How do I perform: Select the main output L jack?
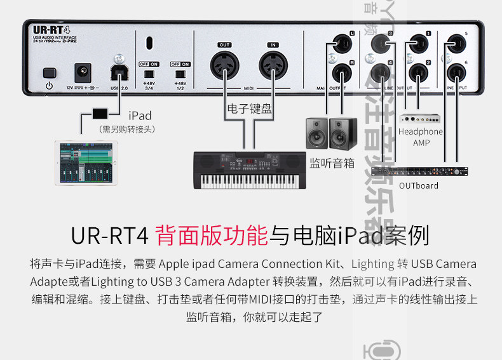(336, 44)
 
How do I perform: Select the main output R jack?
(336, 72)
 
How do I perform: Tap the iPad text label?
(140, 116)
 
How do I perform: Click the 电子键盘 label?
(250, 109)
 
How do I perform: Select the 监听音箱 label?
(332, 163)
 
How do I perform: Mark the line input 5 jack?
(454, 44)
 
